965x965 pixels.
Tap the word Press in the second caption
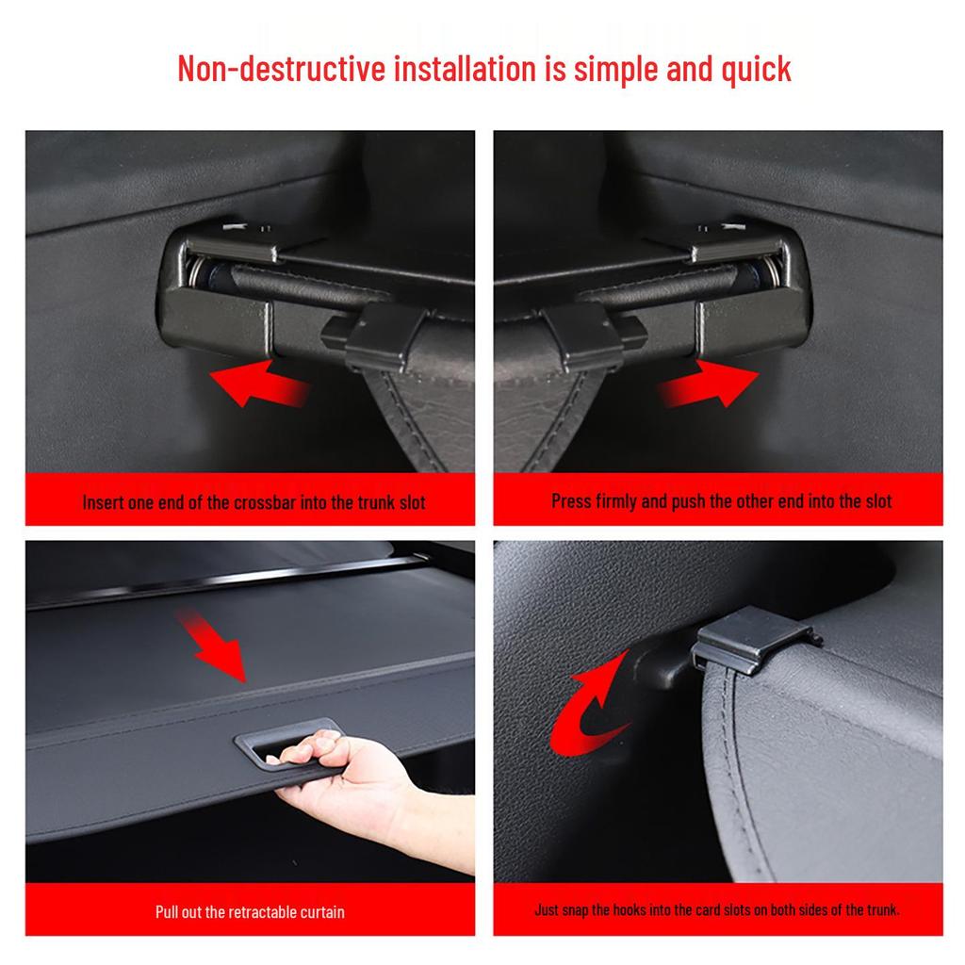[572, 500]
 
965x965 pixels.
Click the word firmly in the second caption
[616, 500]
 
